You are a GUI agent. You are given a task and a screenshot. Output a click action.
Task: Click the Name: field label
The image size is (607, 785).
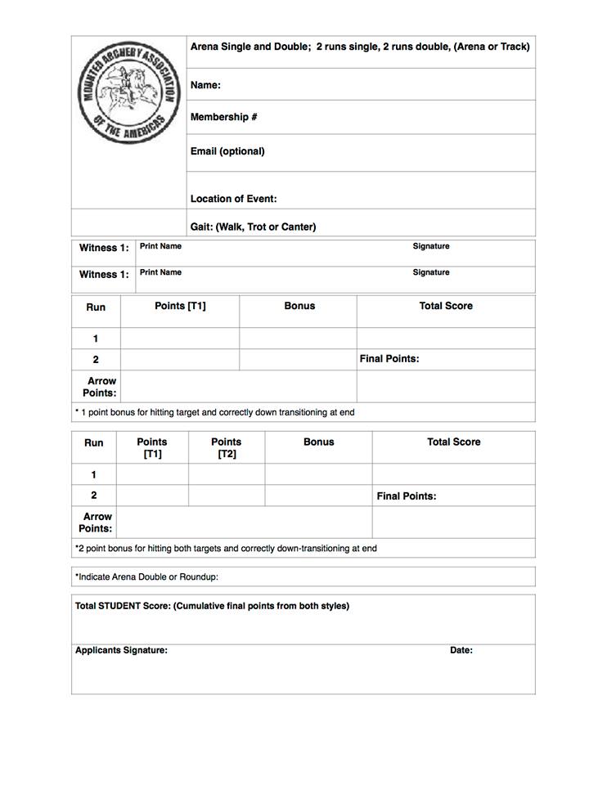click(205, 85)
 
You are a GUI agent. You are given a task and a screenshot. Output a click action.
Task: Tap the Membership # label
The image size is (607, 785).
click(224, 117)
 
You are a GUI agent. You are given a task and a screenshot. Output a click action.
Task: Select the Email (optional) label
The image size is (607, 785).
click(227, 151)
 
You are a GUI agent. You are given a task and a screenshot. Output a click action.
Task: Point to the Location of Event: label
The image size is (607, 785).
click(233, 199)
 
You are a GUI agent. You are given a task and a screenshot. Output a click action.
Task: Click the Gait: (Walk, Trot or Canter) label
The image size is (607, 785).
click(253, 227)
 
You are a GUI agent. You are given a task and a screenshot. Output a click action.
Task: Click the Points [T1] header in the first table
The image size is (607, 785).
click(180, 306)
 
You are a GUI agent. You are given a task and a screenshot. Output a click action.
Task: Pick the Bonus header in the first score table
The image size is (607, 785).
click(299, 306)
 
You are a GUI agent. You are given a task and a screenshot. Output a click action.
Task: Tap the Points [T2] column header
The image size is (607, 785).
click(227, 447)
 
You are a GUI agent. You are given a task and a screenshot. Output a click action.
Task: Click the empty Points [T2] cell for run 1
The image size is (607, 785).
click(227, 474)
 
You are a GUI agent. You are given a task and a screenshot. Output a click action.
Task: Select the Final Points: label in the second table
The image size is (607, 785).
click(407, 496)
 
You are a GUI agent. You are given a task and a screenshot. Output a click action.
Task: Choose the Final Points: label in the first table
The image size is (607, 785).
click(389, 359)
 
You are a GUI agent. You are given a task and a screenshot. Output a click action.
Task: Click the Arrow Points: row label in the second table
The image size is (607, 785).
click(97, 523)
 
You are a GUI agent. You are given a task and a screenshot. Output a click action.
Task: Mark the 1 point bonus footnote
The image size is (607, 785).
click(215, 412)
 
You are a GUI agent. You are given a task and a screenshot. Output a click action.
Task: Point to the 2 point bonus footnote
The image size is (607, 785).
click(226, 549)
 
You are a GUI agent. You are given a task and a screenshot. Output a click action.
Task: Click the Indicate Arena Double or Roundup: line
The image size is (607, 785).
click(147, 576)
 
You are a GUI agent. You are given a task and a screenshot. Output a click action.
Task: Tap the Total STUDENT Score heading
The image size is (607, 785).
click(212, 606)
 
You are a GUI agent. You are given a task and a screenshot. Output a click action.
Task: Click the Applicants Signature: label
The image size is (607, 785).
click(121, 650)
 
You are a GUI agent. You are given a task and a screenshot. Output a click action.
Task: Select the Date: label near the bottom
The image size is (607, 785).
click(461, 650)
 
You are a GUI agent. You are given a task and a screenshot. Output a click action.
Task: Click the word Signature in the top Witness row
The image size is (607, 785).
click(431, 246)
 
